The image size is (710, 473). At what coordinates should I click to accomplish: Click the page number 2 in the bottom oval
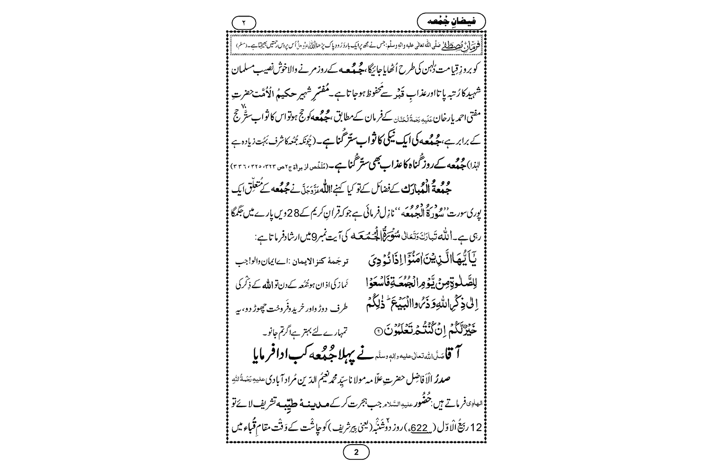(x=356, y=452)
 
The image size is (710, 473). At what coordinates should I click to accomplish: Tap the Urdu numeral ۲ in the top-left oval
(x=244, y=22)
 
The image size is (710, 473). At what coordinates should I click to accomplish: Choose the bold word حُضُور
(x=425, y=407)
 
